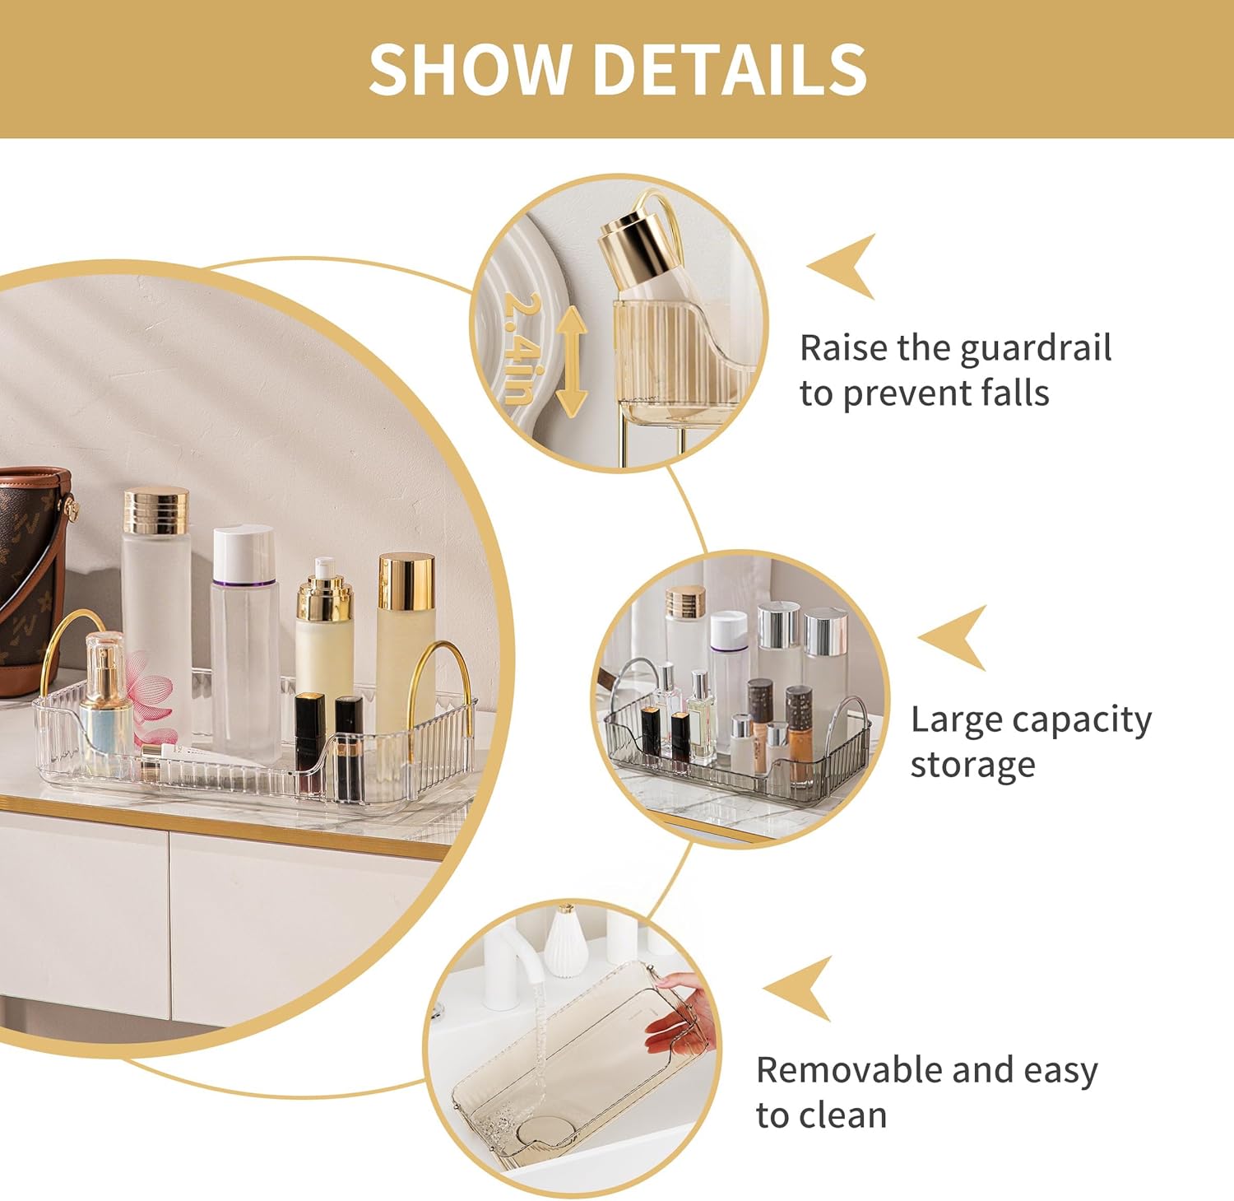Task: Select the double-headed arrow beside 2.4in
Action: click(571, 360)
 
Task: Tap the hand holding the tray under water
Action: click(681, 1014)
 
